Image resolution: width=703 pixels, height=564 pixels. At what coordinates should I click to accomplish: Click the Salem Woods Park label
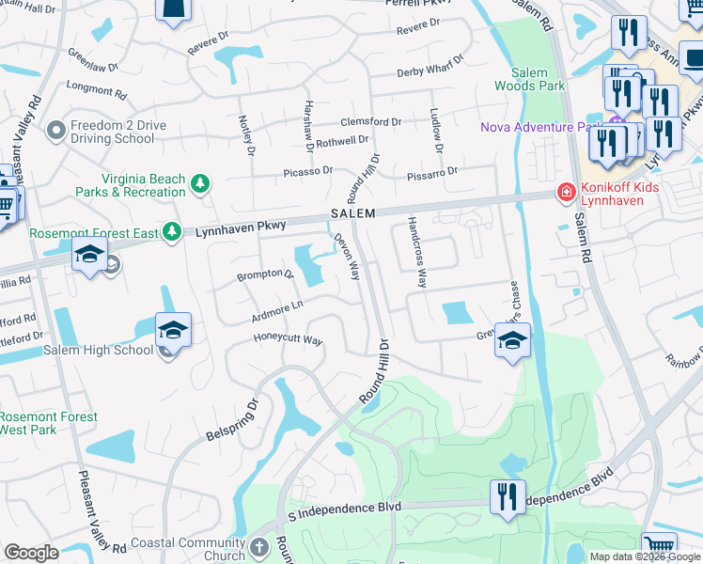click(538, 79)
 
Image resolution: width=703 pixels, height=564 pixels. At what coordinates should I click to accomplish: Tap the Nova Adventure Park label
click(540, 127)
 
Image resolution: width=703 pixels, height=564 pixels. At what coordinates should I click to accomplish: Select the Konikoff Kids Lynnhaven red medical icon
click(566, 193)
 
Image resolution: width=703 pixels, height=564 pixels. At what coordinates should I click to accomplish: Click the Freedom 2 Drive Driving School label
click(113, 132)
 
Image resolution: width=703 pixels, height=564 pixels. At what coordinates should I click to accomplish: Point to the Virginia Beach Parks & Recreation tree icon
click(199, 183)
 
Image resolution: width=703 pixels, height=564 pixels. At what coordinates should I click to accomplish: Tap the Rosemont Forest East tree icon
click(171, 231)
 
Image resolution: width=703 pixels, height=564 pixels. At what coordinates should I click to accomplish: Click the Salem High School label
click(98, 350)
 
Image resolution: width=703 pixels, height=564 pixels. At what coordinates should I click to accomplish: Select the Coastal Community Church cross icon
click(261, 545)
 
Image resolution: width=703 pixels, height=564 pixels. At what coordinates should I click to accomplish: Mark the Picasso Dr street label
click(308, 172)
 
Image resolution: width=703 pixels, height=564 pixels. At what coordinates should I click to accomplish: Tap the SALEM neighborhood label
click(352, 214)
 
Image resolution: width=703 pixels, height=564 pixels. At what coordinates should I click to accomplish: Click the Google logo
click(31, 553)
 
